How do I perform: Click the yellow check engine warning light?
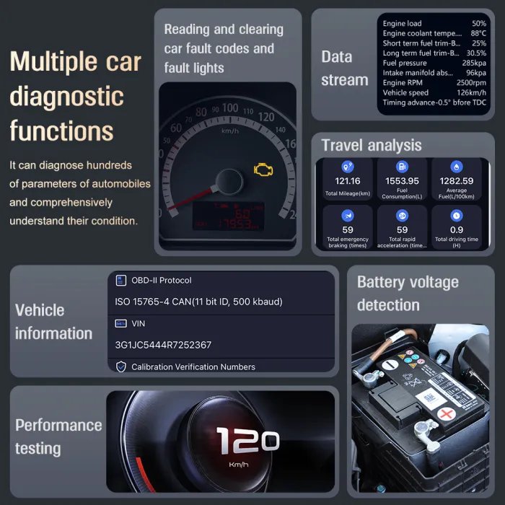(263, 170)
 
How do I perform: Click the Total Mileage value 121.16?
(348, 181)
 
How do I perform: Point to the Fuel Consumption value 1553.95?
(402, 181)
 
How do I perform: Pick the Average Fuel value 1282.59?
(457, 181)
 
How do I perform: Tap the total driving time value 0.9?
(457, 230)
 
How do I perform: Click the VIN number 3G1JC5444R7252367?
(163, 345)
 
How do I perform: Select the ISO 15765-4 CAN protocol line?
(198, 302)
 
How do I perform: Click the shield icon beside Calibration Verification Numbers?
(121, 366)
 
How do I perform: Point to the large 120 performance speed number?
(247, 440)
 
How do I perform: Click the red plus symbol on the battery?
(447, 415)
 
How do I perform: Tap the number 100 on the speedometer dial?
(230, 108)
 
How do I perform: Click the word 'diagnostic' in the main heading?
(67, 97)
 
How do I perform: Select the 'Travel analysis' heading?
(371, 145)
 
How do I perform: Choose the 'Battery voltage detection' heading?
(408, 293)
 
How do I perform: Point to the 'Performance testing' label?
(58, 436)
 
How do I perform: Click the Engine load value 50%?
(479, 24)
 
